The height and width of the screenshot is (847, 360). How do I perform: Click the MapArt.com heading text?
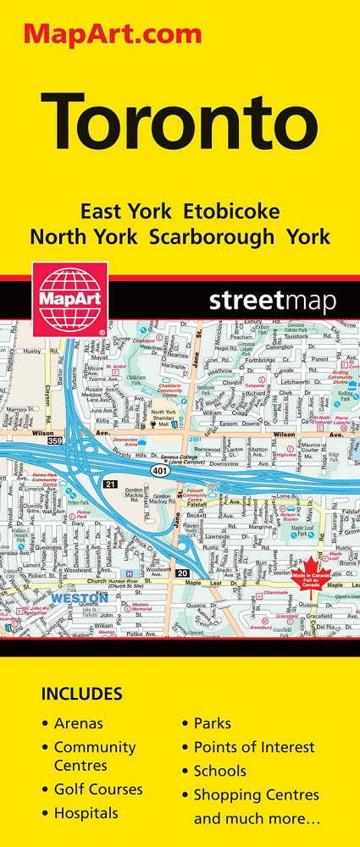coord(112,35)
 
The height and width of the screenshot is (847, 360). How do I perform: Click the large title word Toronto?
coord(179,122)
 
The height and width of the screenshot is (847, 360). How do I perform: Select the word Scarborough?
coord(212,236)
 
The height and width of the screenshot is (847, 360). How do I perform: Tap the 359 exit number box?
coord(55,440)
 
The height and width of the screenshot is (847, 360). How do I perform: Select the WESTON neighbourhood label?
coord(79,598)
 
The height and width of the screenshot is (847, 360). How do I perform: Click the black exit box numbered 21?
coord(110,484)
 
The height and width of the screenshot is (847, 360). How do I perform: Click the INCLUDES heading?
coord(81,695)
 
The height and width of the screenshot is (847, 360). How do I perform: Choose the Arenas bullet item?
coord(78,723)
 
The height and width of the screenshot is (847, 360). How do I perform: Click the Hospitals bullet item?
coord(86,813)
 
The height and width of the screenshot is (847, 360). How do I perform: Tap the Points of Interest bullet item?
coord(254,747)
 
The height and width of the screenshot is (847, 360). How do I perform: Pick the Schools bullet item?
coord(220,771)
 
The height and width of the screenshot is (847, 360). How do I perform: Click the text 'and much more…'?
coord(245,819)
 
